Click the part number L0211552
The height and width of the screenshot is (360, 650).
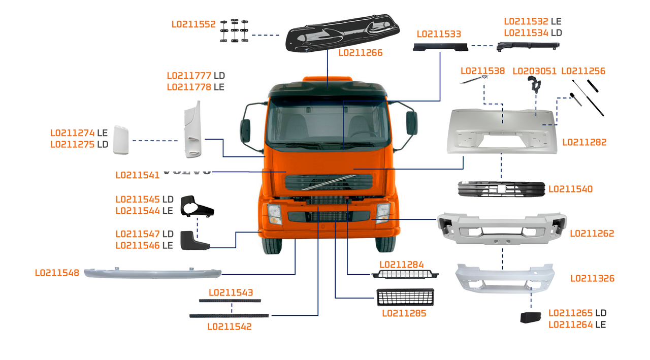pos(193,24)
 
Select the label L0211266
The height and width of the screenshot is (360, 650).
pos(360,53)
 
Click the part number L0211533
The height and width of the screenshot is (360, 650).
pos(439,34)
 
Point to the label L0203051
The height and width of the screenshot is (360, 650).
pos(534,71)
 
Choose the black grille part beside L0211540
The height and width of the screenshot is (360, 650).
pos(501,189)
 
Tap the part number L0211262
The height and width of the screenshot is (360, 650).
pos(592,234)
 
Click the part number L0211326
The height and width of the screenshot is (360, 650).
pos(592,278)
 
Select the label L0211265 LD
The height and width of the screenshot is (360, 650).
pos(577,313)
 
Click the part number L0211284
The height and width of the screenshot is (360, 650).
pos(401,265)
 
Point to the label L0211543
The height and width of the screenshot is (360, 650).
pos(231,292)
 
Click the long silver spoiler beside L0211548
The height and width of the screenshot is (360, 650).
pos(152,273)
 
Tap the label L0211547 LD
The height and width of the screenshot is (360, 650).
pos(144,234)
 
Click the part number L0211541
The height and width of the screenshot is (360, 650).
pos(138,175)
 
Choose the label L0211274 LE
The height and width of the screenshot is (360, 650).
pos(79,133)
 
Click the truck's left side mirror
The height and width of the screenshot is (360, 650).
pos(245,130)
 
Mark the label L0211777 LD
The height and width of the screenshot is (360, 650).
pos(196,76)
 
